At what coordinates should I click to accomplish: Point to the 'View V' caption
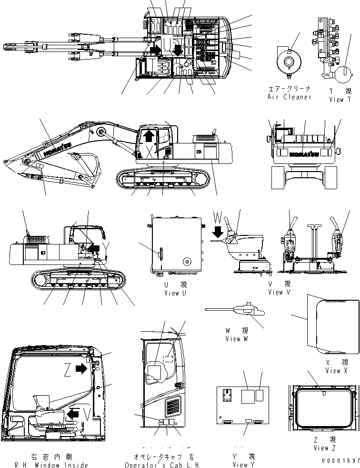275,292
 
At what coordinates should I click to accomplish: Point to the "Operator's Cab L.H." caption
163,465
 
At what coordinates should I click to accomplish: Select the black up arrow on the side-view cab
149,136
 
